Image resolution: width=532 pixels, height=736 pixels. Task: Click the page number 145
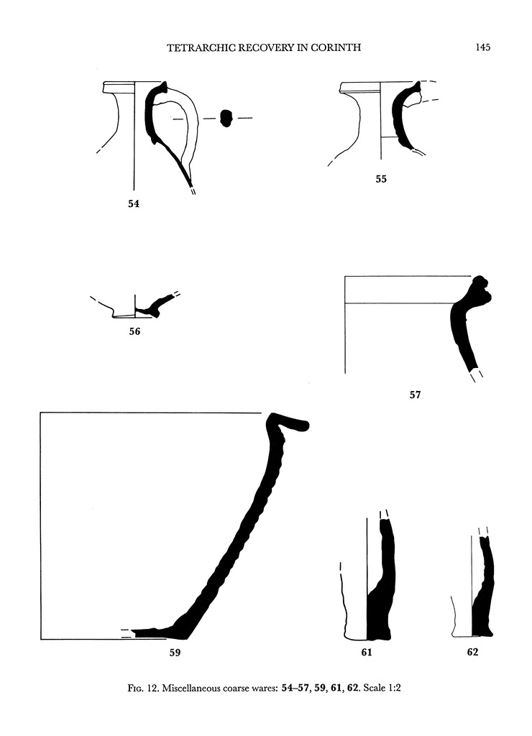pos(482,48)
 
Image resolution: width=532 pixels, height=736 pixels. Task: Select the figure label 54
pos(134,204)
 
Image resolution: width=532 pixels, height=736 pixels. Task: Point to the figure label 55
pos(381,180)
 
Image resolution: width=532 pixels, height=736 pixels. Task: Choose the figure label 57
pos(415,395)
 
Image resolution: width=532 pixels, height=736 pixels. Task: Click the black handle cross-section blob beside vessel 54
pos(226,118)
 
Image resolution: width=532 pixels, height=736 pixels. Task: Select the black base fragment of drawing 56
pos(152,308)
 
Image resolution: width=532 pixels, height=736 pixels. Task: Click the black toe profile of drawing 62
pos(482,618)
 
